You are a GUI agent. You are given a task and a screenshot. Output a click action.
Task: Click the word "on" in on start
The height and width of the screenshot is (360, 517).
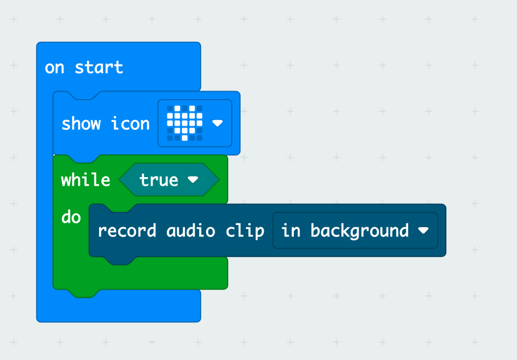point(55,68)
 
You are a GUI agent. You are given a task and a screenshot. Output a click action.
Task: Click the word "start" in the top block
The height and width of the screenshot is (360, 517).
point(99,68)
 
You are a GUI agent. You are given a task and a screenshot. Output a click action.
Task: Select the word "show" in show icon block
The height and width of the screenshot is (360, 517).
point(81,124)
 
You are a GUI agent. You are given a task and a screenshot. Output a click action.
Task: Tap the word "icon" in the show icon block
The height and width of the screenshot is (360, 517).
point(130,124)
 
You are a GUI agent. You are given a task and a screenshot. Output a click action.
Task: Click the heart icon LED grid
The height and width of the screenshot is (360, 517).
point(184,123)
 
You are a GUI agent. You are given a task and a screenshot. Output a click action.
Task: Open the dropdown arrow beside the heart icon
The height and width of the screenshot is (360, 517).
point(217,123)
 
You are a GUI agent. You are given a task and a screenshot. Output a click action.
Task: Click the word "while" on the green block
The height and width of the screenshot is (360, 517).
point(86,180)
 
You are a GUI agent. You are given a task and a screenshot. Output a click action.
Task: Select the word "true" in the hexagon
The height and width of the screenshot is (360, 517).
point(159,180)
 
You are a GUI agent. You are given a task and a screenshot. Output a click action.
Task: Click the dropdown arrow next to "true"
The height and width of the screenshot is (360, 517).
point(193,180)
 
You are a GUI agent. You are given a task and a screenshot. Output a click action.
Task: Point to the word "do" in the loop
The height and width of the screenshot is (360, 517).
point(71,217)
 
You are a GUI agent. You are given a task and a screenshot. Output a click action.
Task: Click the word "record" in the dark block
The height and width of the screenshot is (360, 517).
point(127,231)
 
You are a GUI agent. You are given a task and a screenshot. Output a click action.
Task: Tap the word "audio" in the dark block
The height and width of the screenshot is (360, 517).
point(191,231)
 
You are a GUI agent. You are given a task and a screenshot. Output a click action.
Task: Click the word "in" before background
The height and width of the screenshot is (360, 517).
point(291,231)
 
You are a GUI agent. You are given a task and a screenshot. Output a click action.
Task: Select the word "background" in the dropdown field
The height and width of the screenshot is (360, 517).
point(359,231)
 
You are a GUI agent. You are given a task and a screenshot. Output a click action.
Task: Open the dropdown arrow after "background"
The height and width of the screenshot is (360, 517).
point(423,231)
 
